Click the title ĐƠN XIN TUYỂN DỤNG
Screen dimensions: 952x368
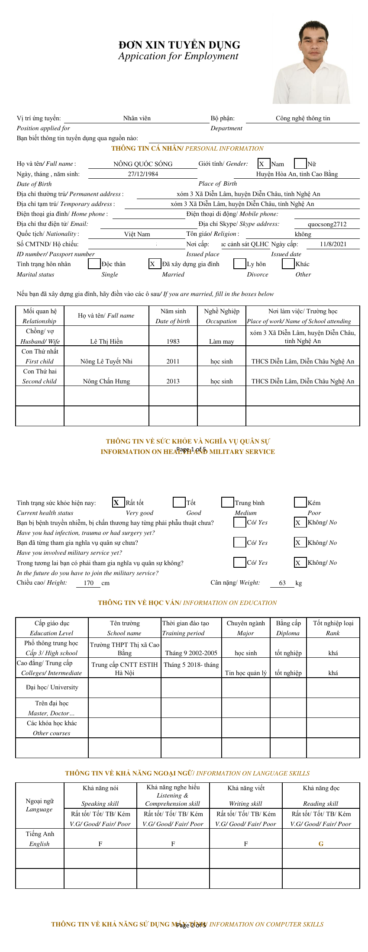(x=179, y=45)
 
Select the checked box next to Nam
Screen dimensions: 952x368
(x=264, y=164)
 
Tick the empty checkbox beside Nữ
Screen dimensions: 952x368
(x=300, y=164)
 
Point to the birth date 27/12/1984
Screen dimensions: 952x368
(x=143, y=174)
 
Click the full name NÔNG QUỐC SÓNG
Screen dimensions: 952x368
(x=143, y=164)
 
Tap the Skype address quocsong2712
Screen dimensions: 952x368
(x=327, y=224)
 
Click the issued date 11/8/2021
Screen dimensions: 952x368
(x=333, y=244)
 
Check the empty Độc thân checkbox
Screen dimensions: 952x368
(x=94, y=264)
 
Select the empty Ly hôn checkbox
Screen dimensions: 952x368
(x=239, y=264)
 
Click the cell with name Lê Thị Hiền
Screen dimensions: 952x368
(x=107, y=341)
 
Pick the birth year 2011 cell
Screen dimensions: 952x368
(x=173, y=361)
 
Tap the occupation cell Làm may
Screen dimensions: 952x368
(x=221, y=341)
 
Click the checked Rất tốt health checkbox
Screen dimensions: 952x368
(x=118, y=502)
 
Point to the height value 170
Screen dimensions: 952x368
(x=88, y=583)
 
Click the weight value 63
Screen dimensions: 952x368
(x=282, y=583)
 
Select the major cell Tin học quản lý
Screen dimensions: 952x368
(x=245, y=673)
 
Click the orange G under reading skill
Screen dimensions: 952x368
(x=321, y=844)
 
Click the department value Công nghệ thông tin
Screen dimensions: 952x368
(x=303, y=118)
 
